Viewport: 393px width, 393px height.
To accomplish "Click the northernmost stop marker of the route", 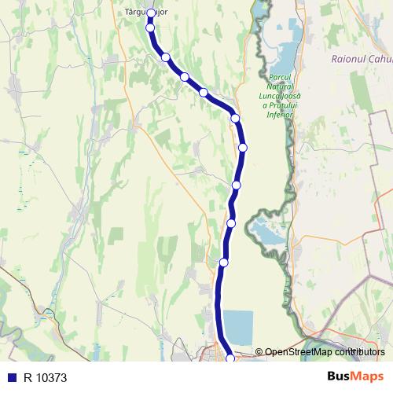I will coord(150,13).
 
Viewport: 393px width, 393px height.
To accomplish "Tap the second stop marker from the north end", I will coord(150,28).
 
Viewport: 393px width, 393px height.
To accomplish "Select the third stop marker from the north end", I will coord(166,57).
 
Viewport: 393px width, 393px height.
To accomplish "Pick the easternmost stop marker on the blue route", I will coord(243,147).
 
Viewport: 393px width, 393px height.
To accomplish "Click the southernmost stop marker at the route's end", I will coord(230,358).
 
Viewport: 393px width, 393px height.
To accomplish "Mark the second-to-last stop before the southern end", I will coord(224,262).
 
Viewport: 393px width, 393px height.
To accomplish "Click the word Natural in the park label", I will coord(280,86).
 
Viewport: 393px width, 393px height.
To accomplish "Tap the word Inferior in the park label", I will coord(280,115).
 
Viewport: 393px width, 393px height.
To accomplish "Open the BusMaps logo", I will coord(354,376).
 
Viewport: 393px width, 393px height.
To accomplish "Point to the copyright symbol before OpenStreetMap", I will coord(259,352).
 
